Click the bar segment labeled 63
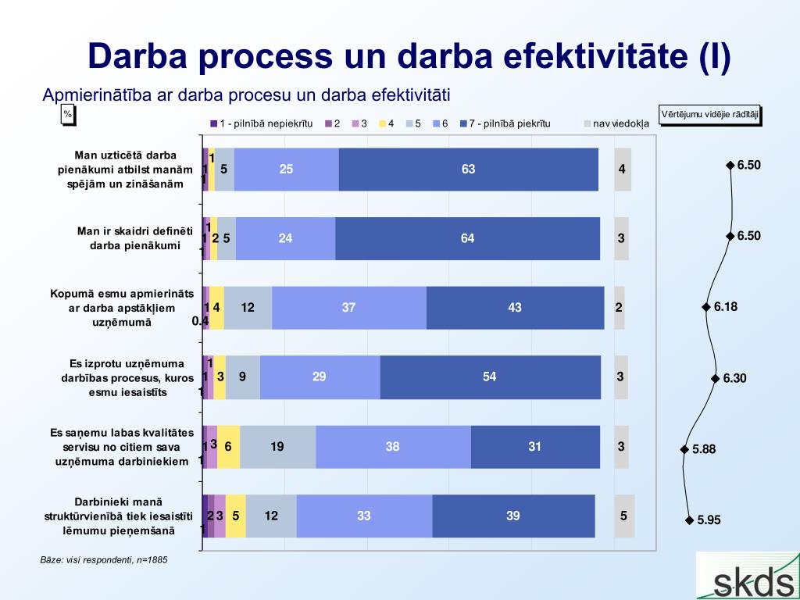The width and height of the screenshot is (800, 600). coord(469,170)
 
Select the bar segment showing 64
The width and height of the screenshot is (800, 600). coord(467,238)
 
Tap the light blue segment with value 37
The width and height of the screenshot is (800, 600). coord(349,308)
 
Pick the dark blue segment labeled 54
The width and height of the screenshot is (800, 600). coord(491,377)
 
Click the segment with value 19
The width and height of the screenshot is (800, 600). coord(278,446)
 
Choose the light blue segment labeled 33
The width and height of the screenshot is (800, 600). coord(364,516)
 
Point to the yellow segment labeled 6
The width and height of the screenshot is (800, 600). coord(228,446)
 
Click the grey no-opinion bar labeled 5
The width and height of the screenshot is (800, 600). coord(624,516)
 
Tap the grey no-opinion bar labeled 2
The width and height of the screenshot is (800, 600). coord(619,308)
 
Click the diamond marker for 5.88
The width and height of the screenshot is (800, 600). coord(684,449)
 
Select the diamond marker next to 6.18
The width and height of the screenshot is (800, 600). coord(706,306)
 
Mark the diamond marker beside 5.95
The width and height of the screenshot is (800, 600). coord(689,520)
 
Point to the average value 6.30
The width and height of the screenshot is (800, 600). coord(734,378)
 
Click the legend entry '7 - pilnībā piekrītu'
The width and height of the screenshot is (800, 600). coord(505,123)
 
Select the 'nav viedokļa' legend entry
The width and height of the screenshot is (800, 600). coord(616,123)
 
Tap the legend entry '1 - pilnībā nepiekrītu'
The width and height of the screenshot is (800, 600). coord(261,123)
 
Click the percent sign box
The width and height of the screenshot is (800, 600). coord(68,115)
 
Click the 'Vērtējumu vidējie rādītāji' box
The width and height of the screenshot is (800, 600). coord(709,115)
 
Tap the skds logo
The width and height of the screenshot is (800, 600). coord(748,576)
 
